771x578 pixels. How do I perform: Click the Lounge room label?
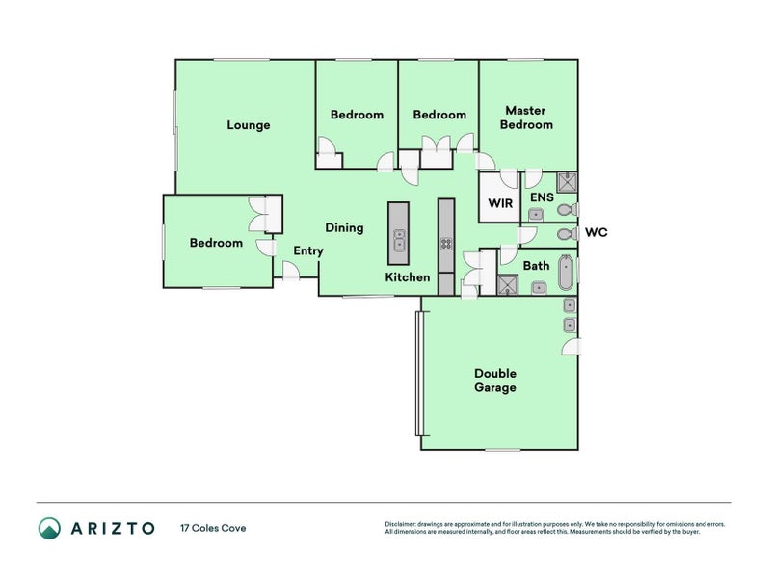pyautogui.click(x=249, y=125)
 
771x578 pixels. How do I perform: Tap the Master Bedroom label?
pyautogui.click(x=526, y=118)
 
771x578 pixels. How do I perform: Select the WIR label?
pyautogui.click(x=500, y=203)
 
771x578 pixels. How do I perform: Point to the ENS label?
pyautogui.click(x=542, y=197)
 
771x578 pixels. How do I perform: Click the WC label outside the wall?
pyautogui.click(x=596, y=232)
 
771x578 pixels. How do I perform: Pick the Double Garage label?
pyautogui.click(x=495, y=381)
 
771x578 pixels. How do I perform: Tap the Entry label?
pyautogui.click(x=308, y=251)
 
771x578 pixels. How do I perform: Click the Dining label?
pyautogui.click(x=344, y=228)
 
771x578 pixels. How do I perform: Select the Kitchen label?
pyautogui.click(x=407, y=277)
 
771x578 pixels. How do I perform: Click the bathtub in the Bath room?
pyautogui.click(x=566, y=273)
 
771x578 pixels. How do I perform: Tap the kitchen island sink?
pyautogui.click(x=399, y=240)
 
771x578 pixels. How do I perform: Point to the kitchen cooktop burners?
pyautogui.click(x=446, y=244)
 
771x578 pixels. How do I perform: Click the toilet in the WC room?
pyautogui.click(x=568, y=234)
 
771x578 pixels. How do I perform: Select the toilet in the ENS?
pyautogui.click(x=568, y=210)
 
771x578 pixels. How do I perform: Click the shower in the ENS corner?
pyautogui.click(x=567, y=182)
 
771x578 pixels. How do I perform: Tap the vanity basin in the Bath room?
pyautogui.click(x=539, y=287)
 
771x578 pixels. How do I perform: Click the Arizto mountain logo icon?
pyautogui.click(x=50, y=528)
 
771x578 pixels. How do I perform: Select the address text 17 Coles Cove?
pyautogui.click(x=213, y=528)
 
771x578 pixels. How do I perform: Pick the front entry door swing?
pyautogui.click(x=291, y=271)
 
